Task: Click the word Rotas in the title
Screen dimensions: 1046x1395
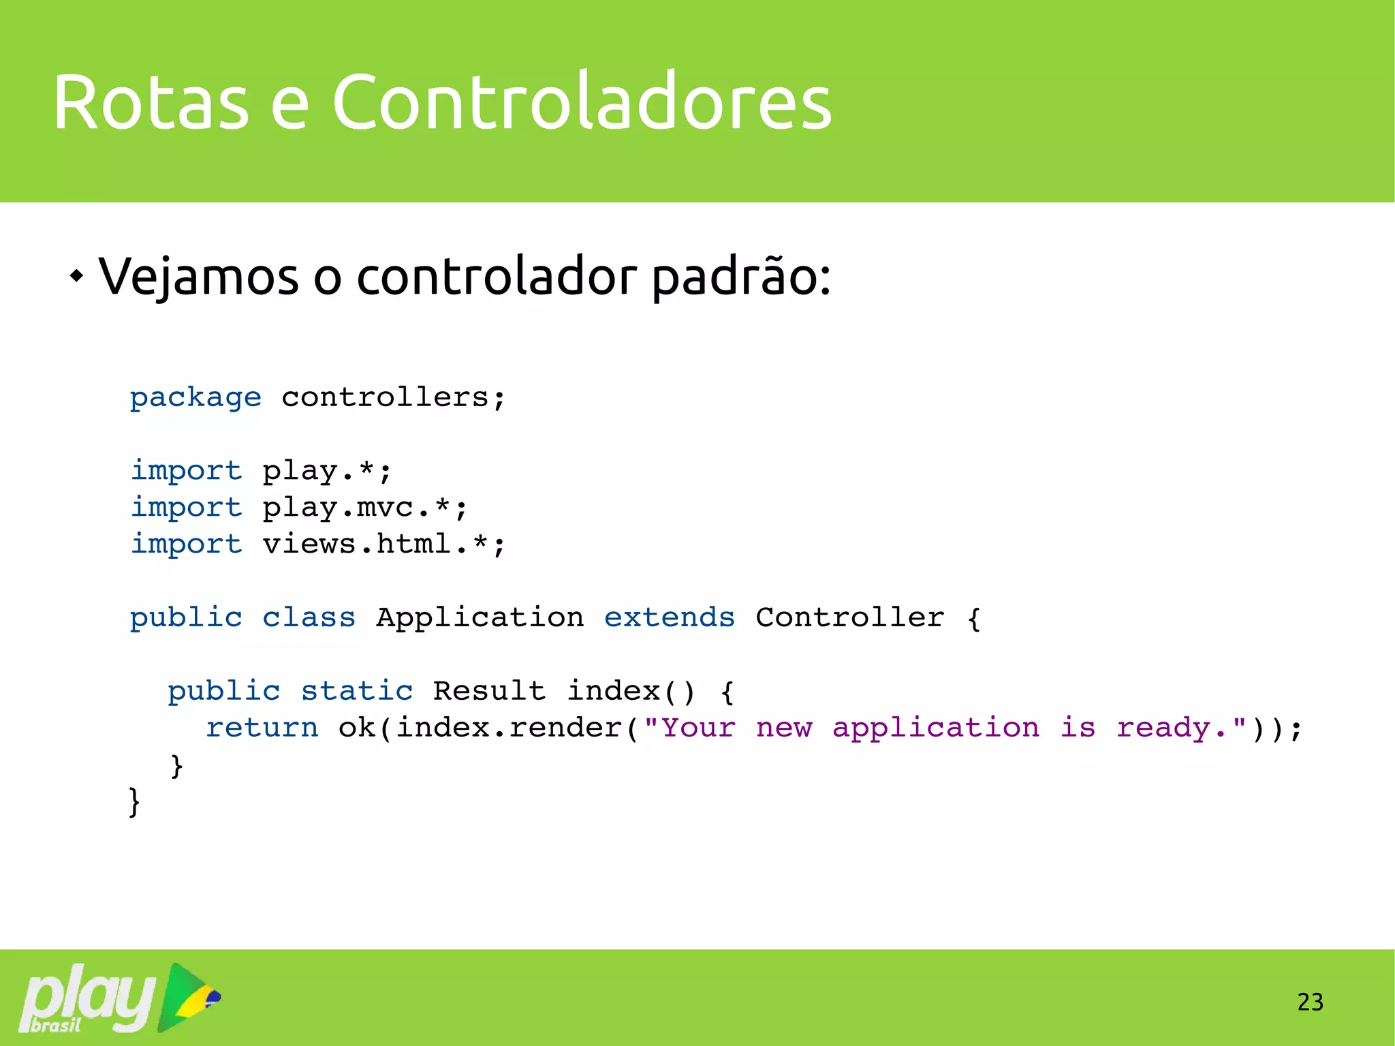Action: [151, 102]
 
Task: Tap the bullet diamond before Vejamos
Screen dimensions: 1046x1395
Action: [77, 277]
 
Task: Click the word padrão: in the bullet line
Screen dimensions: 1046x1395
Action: [740, 277]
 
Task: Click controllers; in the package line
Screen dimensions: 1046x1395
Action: [394, 397]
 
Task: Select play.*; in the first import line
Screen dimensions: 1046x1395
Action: [327, 471]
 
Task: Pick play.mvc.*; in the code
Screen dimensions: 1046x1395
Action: [365, 508]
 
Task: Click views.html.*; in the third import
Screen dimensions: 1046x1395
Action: [383, 544]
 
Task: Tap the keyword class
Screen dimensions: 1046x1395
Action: [309, 617]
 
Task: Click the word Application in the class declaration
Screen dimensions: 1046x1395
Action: [480, 617]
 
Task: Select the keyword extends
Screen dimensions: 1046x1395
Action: [669, 617]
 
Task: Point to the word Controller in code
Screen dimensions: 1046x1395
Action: [849, 617]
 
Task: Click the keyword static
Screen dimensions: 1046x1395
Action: [357, 691]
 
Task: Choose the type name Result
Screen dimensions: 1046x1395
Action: [488, 691]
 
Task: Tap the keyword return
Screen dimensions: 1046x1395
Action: [262, 728]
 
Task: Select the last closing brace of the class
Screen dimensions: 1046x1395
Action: [134, 802]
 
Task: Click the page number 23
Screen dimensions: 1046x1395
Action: [1310, 1002]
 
